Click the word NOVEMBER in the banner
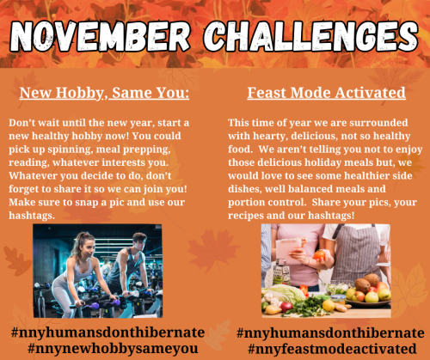(x=100, y=37)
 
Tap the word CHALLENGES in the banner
(x=310, y=37)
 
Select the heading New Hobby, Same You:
(x=104, y=93)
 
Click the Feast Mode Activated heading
(x=327, y=93)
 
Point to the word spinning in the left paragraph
(x=71, y=149)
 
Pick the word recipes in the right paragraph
(x=246, y=216)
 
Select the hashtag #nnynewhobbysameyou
(x=113, y=348)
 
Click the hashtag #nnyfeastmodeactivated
(x=332, y=349)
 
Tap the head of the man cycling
(x=140, y=241)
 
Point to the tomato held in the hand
(x=319, y=254)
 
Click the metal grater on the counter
(x=280, y=272)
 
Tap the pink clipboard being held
(x=288, y=251)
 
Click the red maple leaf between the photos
(x=212, y=250)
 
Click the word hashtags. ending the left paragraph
(x=32, y=216)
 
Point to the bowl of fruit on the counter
(x=369, y=293)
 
